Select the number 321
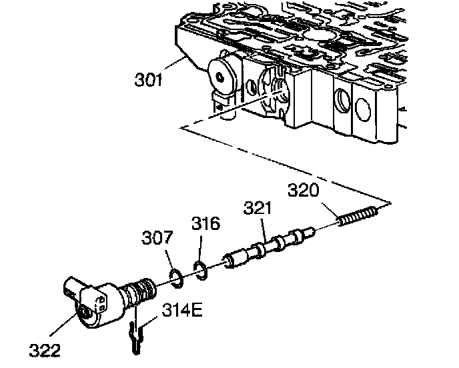pyautogui.click(x=258, y=208)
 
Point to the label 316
pyautogui.click(x=206, y=223)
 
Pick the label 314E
pyautogui.click(x=181, y=311)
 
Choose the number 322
pyautogui.click(x=43, y=349)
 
